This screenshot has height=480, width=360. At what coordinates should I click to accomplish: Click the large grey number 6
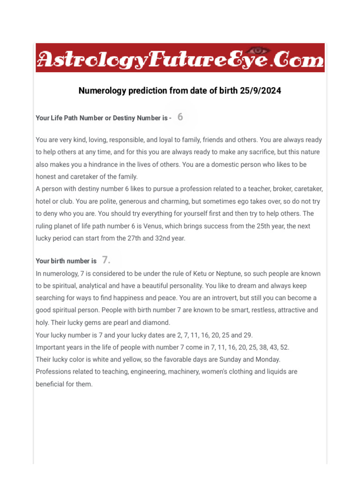pyautogui.click(x=180, y=117)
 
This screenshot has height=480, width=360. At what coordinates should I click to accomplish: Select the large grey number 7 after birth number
pyautogui.click(x=105, y=260)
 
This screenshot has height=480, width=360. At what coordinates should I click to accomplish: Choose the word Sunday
pyautogui.click(x=229, y=359)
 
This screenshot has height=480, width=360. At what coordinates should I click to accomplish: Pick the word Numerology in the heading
pyautogui.click(x=100, y=91)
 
